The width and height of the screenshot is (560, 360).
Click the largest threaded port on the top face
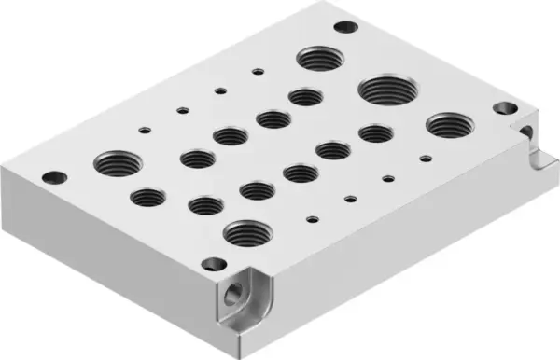click(x=385, y=92)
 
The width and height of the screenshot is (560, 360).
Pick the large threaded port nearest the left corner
click(x=115, y=164)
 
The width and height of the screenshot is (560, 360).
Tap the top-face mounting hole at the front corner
click(x=212, y=263)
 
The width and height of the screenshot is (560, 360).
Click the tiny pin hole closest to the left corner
click(x=145, y=130)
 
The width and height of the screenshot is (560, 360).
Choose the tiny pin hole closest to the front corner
click(x=314, y=220)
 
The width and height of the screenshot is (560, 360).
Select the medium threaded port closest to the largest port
click(x=375, y=132)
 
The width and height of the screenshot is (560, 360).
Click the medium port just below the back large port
click(x=305, y=96)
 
